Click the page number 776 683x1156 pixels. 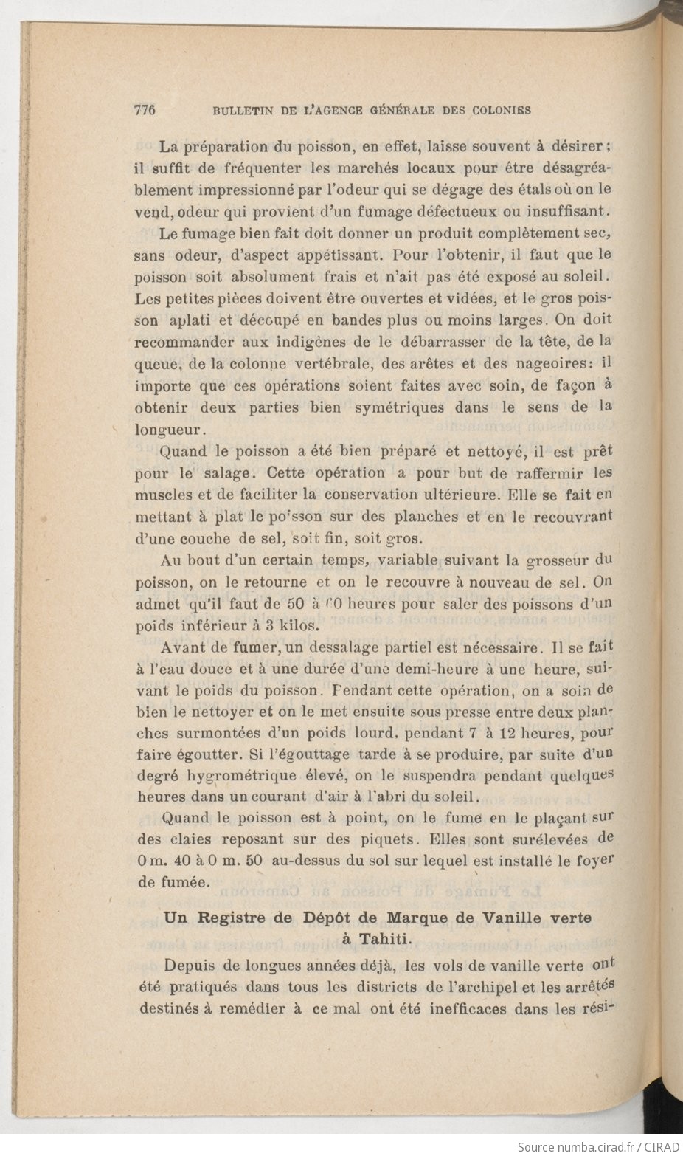(x=145, y=110)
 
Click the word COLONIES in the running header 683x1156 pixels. (x=505, y=111)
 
